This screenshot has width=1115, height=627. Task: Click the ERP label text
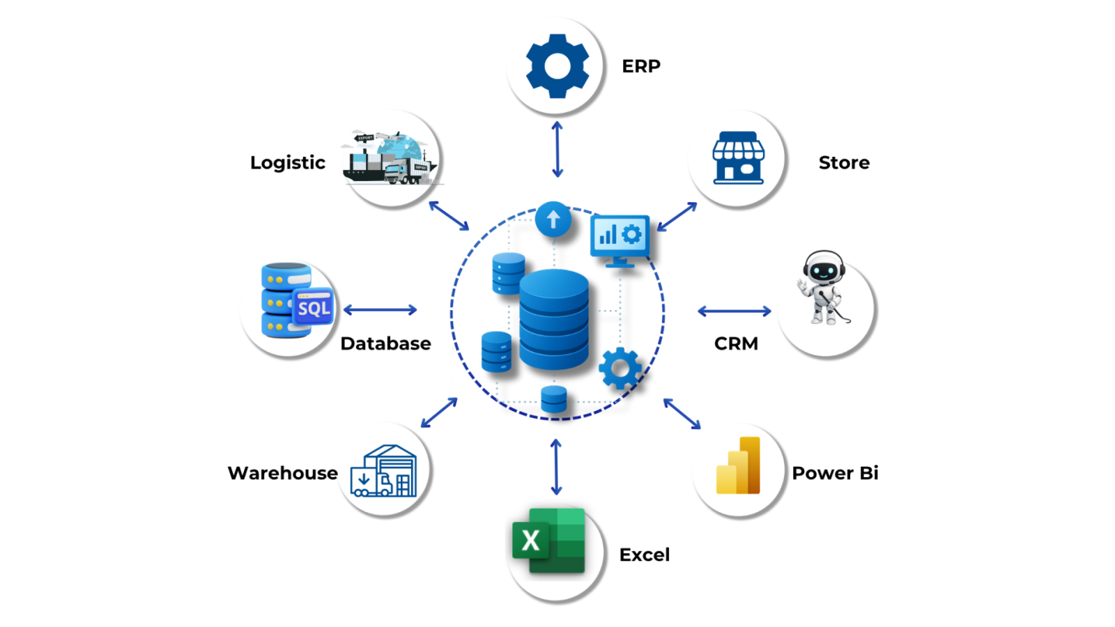tap(640, 66)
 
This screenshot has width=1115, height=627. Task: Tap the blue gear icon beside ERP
tap(557, 66)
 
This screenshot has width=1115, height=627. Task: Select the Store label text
tap(844, 162)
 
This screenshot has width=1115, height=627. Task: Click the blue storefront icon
tap(738, 158)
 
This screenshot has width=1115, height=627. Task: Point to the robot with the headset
tap(823, 288)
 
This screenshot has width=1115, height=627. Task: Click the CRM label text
tap(736, 343)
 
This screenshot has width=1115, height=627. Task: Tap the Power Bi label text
tap(835, 473)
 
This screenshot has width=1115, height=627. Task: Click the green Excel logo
tap(549, 541)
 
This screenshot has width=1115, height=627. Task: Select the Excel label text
tap(645, 555)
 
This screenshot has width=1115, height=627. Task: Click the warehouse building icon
tap(384, 472)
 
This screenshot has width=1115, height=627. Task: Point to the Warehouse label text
tap(282, 473)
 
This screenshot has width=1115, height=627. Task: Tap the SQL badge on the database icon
tap(314, 308)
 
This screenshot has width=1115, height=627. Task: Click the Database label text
tap(385, 343)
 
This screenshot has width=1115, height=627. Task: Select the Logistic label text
tap(288, 162)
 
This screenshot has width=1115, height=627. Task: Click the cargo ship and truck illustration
tap(390, 158)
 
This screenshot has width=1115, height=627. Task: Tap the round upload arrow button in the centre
tap(553, 219)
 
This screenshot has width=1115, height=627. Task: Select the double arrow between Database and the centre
tap(380, 310)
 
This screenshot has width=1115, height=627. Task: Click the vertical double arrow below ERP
tap(557, 149)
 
